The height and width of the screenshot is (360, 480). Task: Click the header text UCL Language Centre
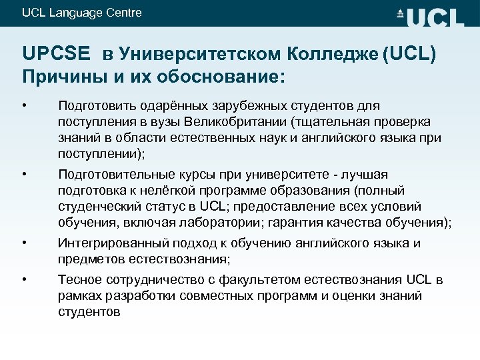coord(82,13)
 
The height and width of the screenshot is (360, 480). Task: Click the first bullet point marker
coord(24,105)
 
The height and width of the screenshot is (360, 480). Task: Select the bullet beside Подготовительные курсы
coord(24,175)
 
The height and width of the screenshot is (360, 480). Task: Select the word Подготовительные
coord(112,175)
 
